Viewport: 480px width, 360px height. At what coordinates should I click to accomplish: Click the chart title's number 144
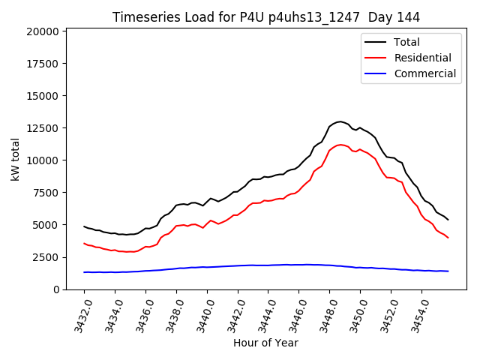(409, 16)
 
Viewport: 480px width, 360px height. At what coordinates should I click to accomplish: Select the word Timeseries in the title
(142, 16)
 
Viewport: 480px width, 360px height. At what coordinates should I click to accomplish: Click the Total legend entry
(406, 42)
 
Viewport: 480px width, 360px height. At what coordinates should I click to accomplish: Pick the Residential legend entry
(422, 58)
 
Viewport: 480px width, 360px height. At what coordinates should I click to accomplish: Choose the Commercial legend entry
(424, 73)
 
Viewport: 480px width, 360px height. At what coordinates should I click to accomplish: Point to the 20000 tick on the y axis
(42, 31)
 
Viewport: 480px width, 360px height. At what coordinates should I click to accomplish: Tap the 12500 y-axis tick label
(42, 128)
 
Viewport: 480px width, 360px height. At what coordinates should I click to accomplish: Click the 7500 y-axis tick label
(45, 193)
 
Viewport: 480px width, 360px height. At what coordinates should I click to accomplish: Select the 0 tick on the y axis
(56, 289)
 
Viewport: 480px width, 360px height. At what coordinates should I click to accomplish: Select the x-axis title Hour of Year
(265, 343)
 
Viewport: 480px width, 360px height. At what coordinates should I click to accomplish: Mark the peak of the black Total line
(340, 121)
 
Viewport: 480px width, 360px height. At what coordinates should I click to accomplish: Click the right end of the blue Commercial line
(448, 271)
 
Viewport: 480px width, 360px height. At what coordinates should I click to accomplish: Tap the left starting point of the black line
(84, 226)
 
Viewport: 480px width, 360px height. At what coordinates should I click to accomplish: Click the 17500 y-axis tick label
(42, 64)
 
